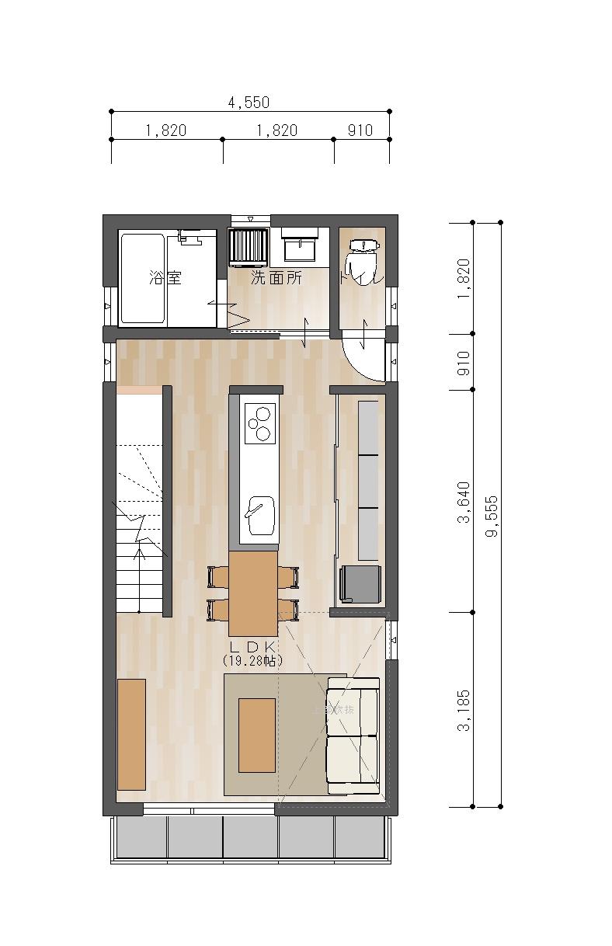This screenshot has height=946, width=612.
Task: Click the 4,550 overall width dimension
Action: (x=249, y=103)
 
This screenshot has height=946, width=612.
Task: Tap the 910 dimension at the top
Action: (x=360, y=130)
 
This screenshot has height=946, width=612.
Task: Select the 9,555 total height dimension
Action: (x=491, y=516)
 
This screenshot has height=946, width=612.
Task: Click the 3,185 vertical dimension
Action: (x=464, y=710)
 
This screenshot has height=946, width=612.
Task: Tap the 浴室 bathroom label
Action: (x=165, y=277)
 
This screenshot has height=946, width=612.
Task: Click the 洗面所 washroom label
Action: (x=276, y=277)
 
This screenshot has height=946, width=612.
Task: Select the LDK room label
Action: (x=252, y=645)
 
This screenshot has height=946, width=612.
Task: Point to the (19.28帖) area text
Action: (x=252, y=660)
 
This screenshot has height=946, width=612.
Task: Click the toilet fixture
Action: (x=363, y=260)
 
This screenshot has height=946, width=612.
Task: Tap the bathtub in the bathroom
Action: (x=142, y=279)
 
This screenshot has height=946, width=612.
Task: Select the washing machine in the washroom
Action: (x=249, y=246)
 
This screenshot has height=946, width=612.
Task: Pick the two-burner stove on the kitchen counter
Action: (x=259, y=424)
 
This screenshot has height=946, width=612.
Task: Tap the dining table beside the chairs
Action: (x=252, y=593)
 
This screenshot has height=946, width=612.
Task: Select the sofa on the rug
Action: (x=353, y=736)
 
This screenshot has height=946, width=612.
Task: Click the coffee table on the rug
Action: (x=256, y=735)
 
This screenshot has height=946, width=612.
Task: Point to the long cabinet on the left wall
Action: (x=131, y=734)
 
